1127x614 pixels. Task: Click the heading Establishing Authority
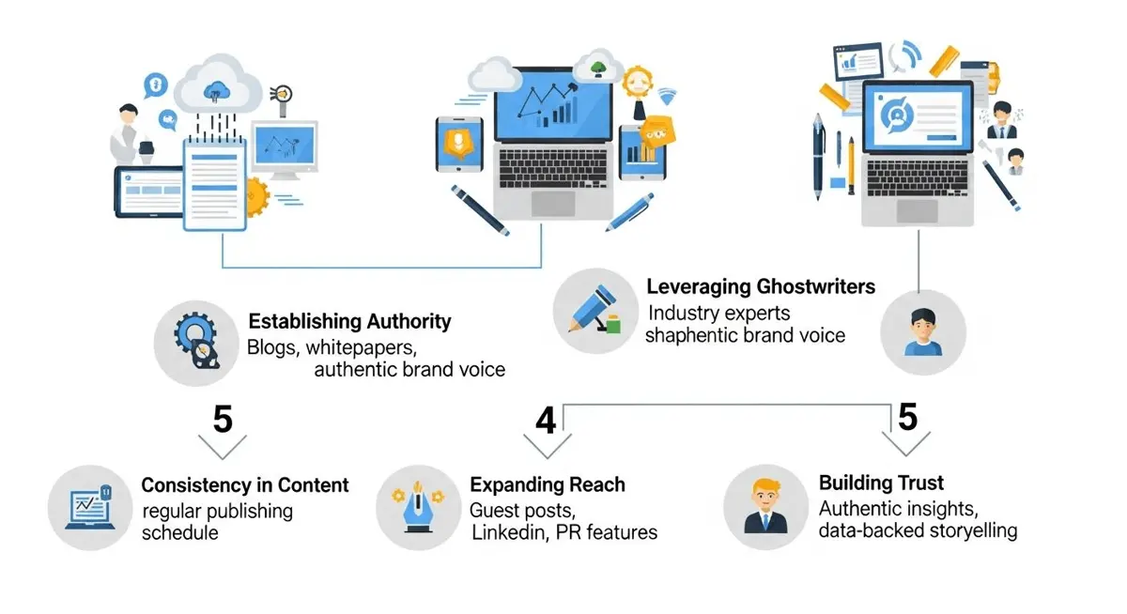pos(349,321)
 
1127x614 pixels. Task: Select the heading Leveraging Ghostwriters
pos(761,286)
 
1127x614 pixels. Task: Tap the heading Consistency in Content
pos(245,485)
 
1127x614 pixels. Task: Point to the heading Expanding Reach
pos(548,484)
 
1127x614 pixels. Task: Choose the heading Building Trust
pos(882,483)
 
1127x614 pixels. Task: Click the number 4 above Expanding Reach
pos(546,421)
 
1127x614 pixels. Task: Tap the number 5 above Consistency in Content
pos(223,419)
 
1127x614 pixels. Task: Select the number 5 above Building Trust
pos(907,417)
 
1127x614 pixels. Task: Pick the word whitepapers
pos(361,347)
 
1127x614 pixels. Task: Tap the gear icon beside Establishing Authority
pos(196,341)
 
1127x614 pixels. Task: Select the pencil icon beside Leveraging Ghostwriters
pos(594,310)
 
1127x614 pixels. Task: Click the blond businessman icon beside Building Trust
pos(765,506)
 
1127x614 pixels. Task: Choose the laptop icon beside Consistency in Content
pos(89,507)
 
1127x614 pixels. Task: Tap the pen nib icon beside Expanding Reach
pos(418,507)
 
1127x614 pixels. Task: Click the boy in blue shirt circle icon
pos(923,332)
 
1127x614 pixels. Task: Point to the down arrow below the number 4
pos(548,446)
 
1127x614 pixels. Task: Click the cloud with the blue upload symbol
pos(217,84)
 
